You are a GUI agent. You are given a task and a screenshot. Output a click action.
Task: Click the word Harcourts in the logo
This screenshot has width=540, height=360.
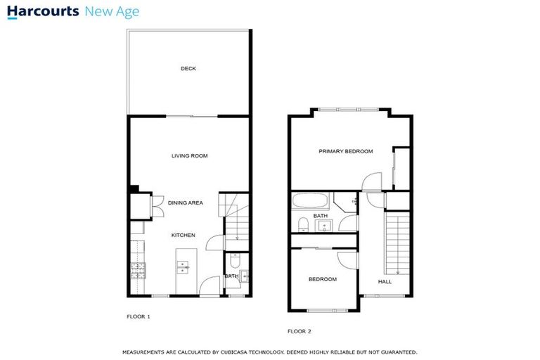[42, 12]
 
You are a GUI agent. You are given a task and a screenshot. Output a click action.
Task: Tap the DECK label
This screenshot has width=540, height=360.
[188, 68]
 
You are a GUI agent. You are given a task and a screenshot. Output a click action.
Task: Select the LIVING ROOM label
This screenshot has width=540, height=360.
[189, 155]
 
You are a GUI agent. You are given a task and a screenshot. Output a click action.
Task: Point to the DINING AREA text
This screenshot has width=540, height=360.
[185, 202]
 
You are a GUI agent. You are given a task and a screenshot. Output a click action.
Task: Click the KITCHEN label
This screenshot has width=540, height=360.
[183, 235]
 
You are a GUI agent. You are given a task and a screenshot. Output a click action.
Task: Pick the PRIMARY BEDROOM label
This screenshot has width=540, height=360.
[345, 151]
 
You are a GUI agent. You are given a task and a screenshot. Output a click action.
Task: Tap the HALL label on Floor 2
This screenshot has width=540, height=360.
[385, 281]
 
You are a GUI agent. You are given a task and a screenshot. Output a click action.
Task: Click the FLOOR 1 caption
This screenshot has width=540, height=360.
[138, 316]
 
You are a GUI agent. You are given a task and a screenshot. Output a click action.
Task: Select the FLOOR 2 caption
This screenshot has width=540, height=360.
[299, 330]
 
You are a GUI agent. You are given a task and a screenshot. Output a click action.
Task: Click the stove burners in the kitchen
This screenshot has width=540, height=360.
[137, 269]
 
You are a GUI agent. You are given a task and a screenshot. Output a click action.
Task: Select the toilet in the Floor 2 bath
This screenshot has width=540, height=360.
[302, 224]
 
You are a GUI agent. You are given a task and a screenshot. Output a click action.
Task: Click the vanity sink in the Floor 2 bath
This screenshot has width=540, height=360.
[325, 226]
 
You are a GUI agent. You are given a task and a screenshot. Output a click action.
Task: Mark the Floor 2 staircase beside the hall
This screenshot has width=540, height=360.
[397, 243]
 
